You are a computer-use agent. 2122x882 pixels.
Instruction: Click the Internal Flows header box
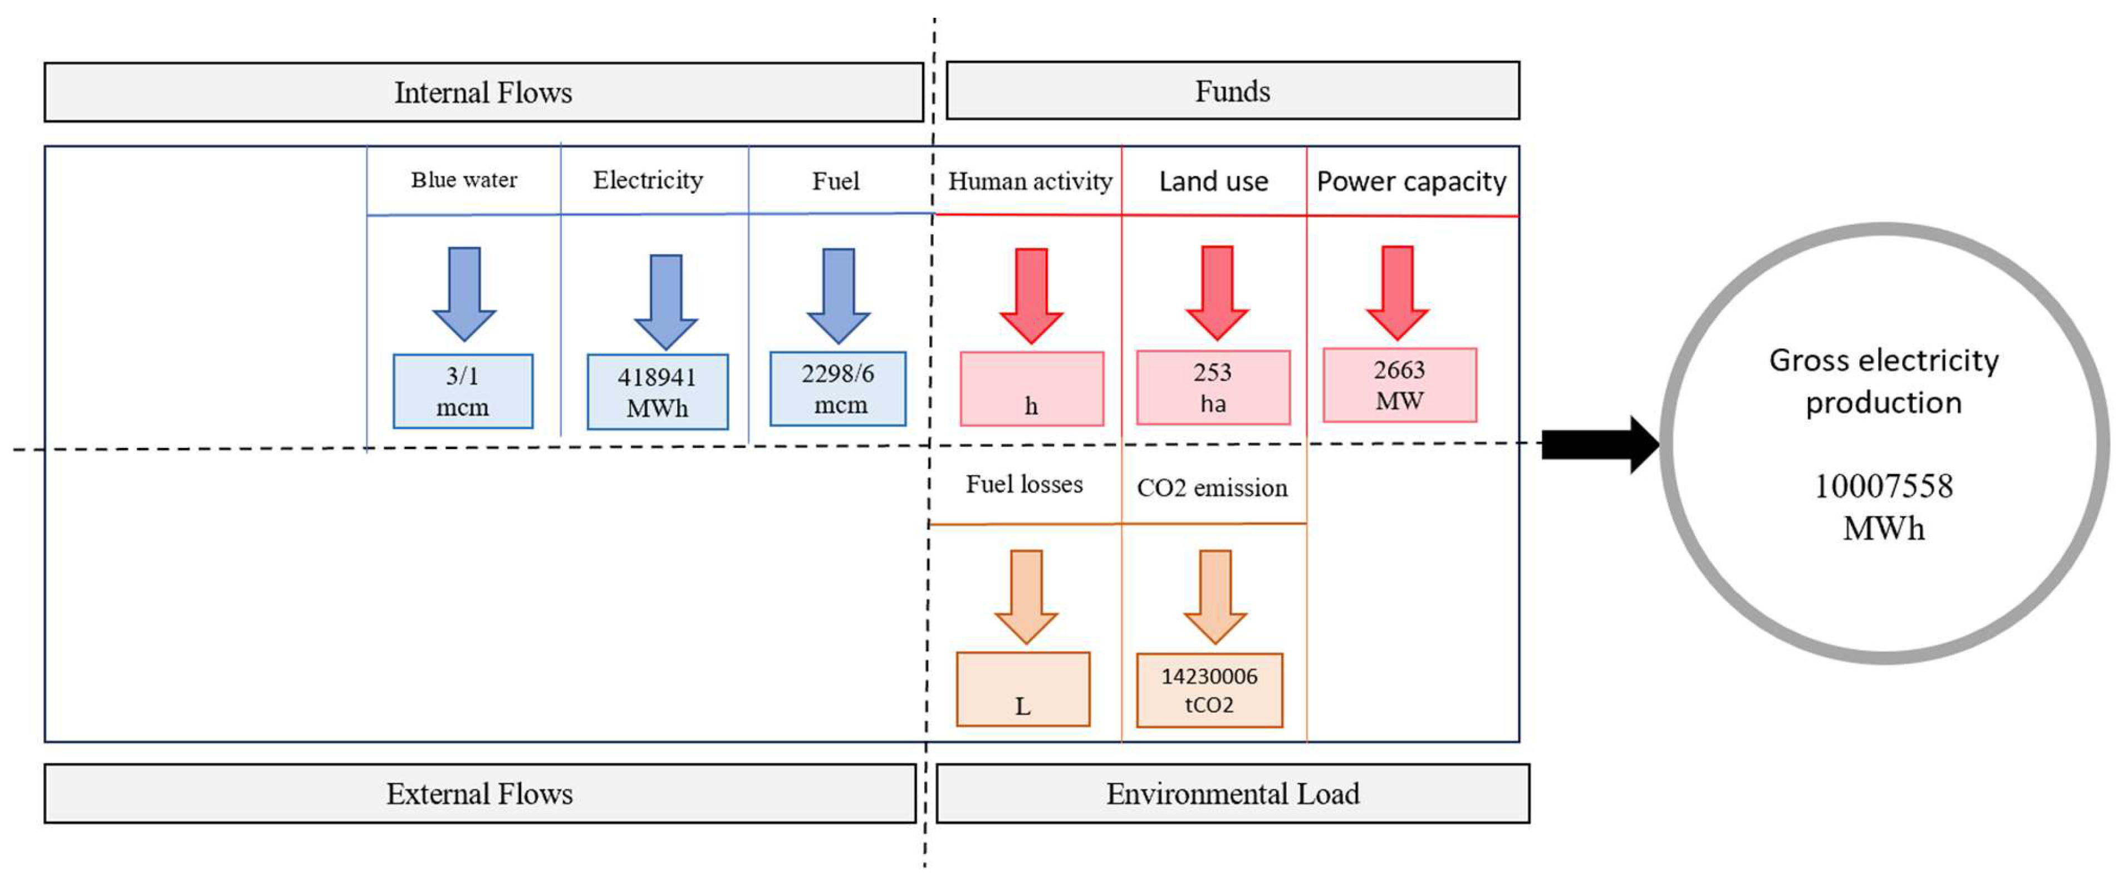coord(483,92)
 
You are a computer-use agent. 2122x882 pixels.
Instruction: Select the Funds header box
coord(1232,91)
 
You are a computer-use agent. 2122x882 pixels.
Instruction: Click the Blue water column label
coord(464,180)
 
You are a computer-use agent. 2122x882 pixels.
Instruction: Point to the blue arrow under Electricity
coord(665,300)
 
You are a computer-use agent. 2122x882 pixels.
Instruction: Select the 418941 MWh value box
coord(658,392)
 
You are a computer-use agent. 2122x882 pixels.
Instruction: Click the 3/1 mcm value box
coord(463,391)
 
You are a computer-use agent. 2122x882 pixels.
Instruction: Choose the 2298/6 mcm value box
coord(838,389)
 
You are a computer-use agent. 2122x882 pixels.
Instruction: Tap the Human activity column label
coord(1030,181)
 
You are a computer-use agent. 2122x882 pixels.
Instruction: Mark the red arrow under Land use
coord(1217,292)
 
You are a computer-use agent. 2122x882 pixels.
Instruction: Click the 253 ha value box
coord(1213,387)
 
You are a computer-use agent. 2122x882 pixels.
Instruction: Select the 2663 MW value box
coord(1399,385)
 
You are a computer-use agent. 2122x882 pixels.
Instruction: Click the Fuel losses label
coord(1024,484)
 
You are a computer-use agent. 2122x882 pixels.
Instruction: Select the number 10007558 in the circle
coord(1883,486)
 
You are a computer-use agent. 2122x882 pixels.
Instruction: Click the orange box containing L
coord(1023,689)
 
